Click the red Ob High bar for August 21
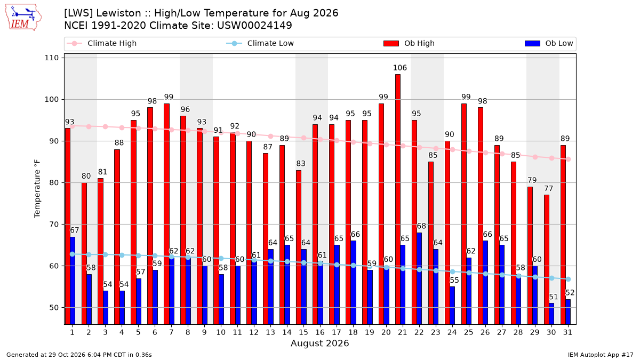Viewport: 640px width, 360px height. coord(398,199)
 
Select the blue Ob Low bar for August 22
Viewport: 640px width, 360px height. coord(419,278)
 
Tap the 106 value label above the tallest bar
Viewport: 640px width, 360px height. coord(399,68)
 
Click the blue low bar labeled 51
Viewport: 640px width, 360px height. coord(551,314)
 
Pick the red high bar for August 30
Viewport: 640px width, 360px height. coord(547,259)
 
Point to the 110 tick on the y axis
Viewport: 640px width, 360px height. coord(51,58)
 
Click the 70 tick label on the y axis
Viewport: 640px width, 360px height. coord(54,225)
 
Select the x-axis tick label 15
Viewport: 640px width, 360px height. coord(303,332)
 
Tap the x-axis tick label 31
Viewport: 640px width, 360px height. coord(567,332)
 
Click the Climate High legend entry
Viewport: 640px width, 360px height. coord(101,43)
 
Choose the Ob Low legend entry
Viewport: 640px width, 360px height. coord(549,43)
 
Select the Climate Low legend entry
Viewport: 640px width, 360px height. coord(260,43)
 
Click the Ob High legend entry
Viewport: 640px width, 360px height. coord(409,43)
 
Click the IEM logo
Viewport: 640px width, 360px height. coord(23,18)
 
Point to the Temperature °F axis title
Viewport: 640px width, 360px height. coord(37,189)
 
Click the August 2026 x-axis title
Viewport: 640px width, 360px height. coord(319,343)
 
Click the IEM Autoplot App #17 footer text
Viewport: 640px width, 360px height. coord(601,355)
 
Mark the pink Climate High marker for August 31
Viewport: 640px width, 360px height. coord(569,159)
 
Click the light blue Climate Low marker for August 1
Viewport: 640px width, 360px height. coord(73,254)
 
